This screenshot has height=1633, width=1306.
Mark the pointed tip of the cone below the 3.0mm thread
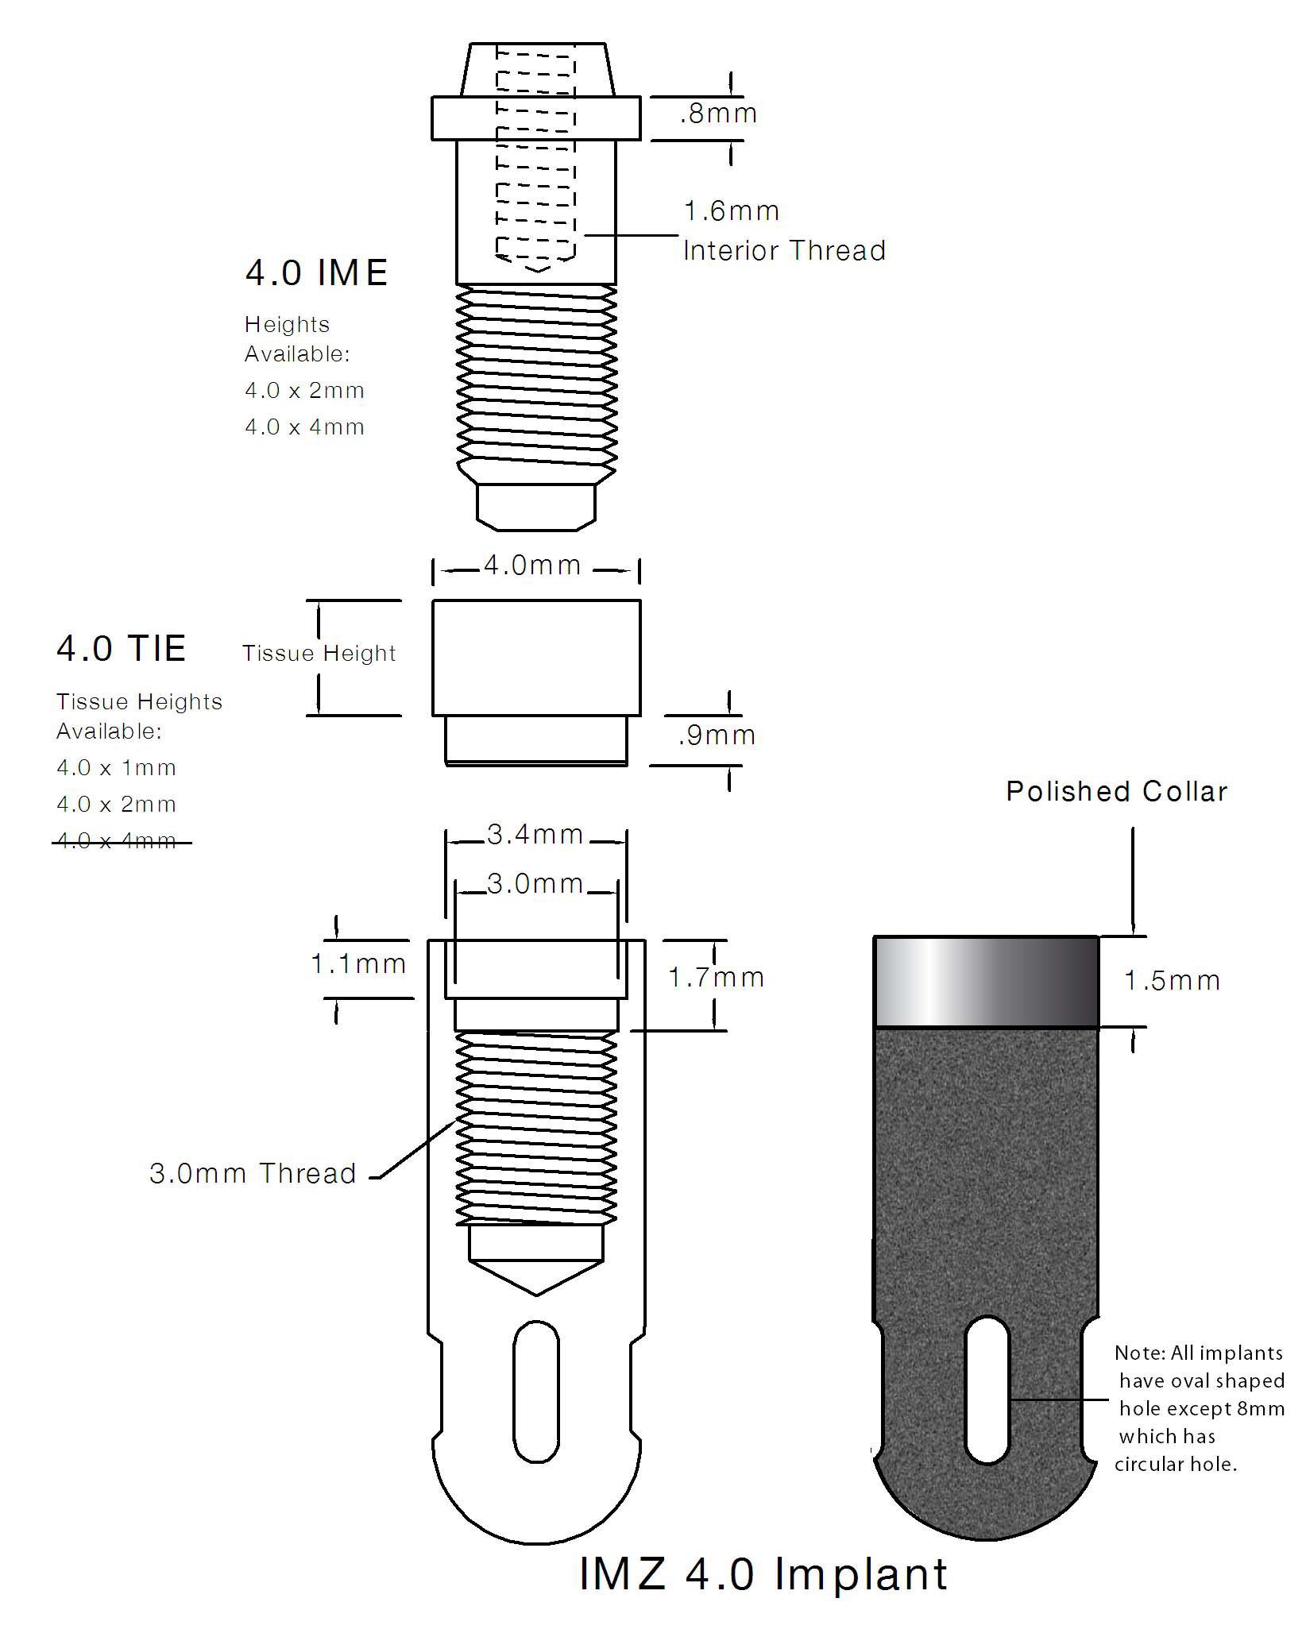pos(537,1295)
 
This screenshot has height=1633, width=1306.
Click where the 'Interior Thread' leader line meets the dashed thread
pos(584,235)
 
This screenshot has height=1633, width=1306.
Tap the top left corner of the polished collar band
pos(875,937)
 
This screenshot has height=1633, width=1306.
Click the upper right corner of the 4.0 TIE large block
pos(640,600)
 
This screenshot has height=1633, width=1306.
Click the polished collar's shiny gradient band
pos(987,983)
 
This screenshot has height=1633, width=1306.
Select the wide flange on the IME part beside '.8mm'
pos(536,118)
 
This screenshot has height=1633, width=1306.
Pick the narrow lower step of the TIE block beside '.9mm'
pos(536,740)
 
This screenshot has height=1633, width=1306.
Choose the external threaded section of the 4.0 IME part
pos(536,376)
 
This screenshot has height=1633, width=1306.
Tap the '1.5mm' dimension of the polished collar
pos(1172,981)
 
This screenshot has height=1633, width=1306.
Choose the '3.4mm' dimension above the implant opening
pos(535,835)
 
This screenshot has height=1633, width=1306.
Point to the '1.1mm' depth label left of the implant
pos(358,964)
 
